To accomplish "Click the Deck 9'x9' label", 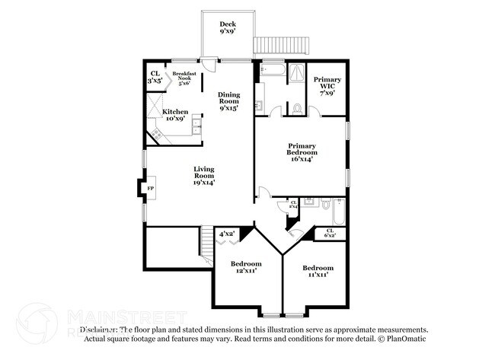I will (x=227, y=28).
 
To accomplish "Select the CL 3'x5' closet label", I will (x=155, y=76).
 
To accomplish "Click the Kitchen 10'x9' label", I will (x=175, y=116).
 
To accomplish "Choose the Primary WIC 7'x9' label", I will (x=327, y=84).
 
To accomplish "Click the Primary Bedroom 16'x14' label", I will (x=302, y=150).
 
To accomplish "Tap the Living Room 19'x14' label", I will (x=203, y=176).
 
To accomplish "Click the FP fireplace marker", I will (x=151, y=188).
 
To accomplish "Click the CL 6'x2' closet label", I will (x=330, y=234).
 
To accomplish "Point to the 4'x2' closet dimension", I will (x=228, y=234).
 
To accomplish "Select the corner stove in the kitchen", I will (x=158, y=135).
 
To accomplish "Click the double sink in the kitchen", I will (x=197, y=126).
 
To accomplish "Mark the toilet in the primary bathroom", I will (x=297, y=109).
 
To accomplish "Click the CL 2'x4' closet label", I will (x=293, y=205).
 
